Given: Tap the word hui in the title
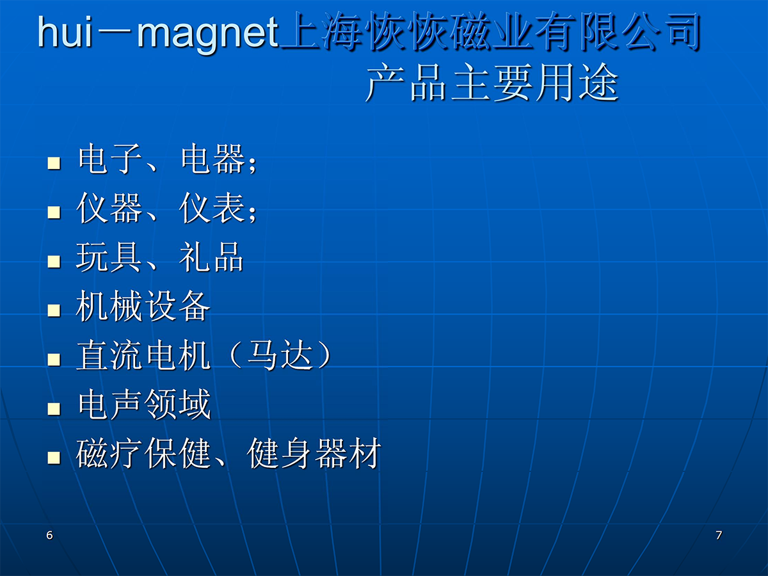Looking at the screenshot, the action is click(x=65, y=31).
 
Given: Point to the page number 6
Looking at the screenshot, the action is click(x=49, y=535).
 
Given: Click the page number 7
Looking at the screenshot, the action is click(x=718, y=535).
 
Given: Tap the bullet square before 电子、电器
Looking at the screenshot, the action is click(x=54, y=163).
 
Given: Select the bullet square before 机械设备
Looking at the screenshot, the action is click(x=54, y=310).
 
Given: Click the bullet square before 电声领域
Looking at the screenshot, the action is click(x=54, y=408).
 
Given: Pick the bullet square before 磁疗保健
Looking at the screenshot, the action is click(x=54, y=458).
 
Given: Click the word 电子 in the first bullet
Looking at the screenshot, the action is click(x=109, y=159).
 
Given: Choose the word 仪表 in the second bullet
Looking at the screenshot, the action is click(x=212, y=208).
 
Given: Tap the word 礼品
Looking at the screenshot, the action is click(x=211, y=257).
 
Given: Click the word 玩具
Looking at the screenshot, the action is click(x=108, y=257).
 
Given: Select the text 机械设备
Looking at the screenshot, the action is click(x=143, y=306).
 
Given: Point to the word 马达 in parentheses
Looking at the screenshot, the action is click(x=280, y=355).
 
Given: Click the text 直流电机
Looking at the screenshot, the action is click(x=143, y=355).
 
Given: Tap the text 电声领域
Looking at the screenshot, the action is click(x=144, y=404).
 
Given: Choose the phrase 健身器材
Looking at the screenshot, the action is click(x=314, y=453).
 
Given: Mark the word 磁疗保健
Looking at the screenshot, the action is click(x=143, y=453).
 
